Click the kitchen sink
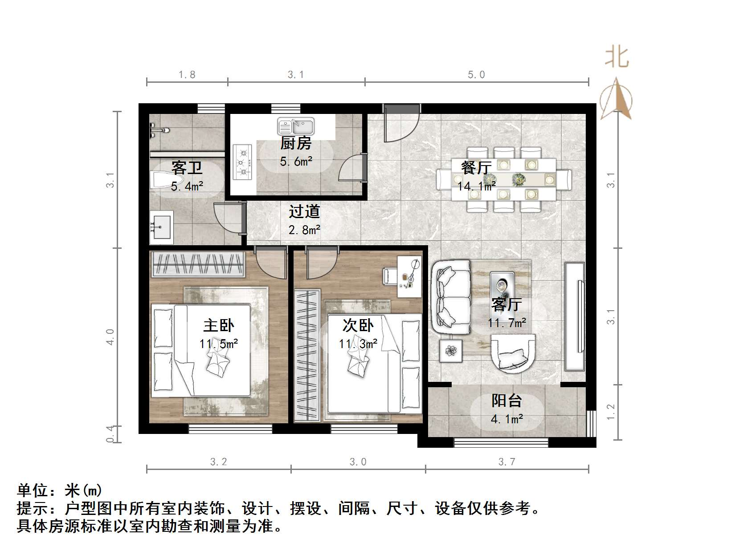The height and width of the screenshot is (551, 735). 296,126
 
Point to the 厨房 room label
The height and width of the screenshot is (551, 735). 296,143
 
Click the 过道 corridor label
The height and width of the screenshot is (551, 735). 304,211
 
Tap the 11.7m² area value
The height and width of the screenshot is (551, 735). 507,323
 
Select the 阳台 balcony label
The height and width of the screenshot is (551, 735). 506,401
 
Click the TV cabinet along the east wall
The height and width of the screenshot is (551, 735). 575,316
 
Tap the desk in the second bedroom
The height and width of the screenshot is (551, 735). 409,276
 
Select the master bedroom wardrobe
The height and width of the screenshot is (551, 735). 198,264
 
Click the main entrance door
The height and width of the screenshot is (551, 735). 402,122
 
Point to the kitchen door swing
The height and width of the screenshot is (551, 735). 352,168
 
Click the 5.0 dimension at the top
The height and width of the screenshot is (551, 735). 476,75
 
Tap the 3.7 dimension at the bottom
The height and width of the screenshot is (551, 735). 506,462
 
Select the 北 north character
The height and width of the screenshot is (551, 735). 617,58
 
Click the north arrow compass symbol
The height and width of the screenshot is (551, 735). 616,100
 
